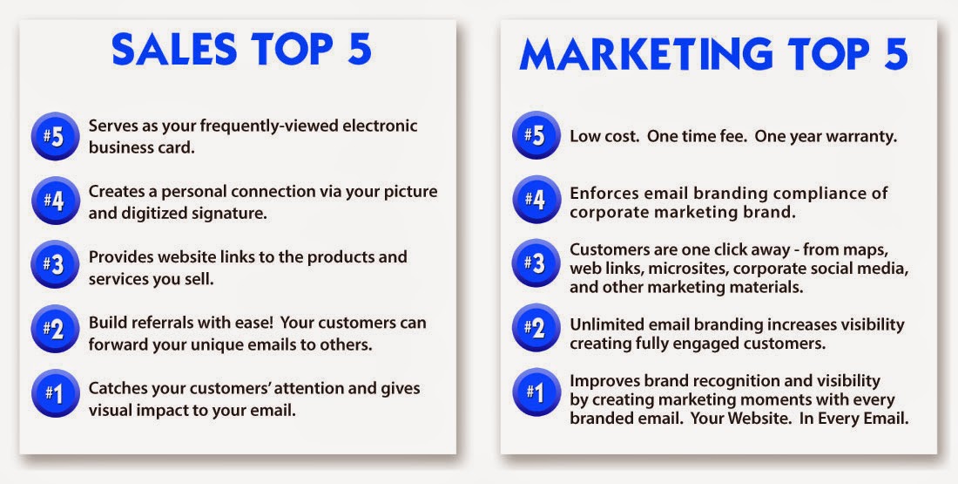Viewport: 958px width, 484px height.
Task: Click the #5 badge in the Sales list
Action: (x=55, y=136)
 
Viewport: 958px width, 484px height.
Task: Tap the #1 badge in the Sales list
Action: (x=55, y=393)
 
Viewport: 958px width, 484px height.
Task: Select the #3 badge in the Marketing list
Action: (x=536, y=263)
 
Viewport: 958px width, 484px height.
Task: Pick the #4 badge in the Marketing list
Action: (x=536, y=200)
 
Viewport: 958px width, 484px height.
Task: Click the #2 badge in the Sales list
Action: (x=55, y=329)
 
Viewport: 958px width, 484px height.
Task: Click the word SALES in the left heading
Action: (x=174, y=49)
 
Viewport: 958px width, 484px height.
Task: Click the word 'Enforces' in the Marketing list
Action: (x=598, y=193)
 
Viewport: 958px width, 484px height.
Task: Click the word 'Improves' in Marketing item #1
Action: (x=597, y=381)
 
